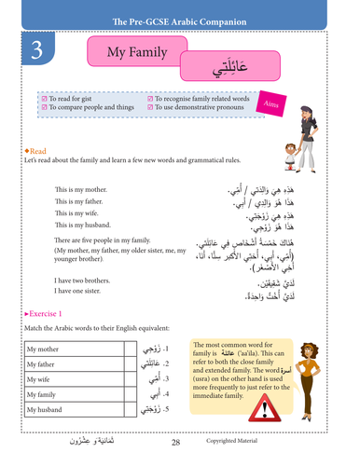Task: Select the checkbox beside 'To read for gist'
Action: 44,97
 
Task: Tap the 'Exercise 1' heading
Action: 44,315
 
